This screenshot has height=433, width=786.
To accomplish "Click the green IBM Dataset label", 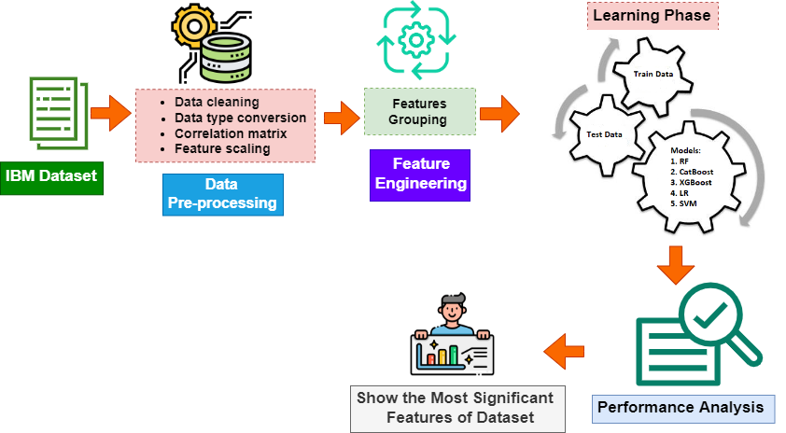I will [51, 175].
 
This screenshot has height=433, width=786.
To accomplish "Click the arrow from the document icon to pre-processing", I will [112, 113].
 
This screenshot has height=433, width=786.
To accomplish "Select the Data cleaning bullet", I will [217, 102].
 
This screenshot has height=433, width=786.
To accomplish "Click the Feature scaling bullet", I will [222, 148].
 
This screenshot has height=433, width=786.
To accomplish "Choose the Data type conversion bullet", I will [240, 118].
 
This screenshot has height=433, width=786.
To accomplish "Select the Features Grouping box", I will [419, 112].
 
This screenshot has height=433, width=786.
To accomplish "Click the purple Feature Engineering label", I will [420, 174].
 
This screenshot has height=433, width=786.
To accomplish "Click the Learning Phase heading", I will [651, 16].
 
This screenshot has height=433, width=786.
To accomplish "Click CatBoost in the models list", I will [695, 173].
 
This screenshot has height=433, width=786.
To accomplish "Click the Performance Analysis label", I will [683, 407].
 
